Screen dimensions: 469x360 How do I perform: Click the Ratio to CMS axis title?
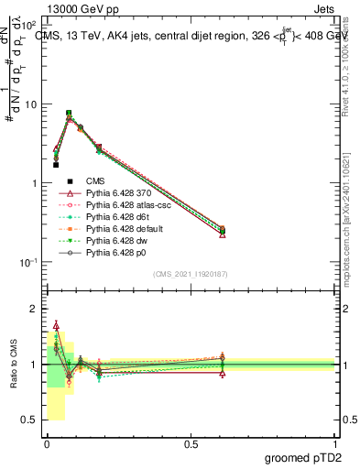point(12,365)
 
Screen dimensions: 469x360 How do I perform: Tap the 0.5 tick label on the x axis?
point(191,444)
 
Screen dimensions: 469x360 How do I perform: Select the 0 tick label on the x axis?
point(47,444)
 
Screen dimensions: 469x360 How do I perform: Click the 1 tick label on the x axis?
point(334,444)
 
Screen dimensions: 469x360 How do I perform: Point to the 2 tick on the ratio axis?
point(36,310)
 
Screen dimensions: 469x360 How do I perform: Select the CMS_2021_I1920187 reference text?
point(191,274)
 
